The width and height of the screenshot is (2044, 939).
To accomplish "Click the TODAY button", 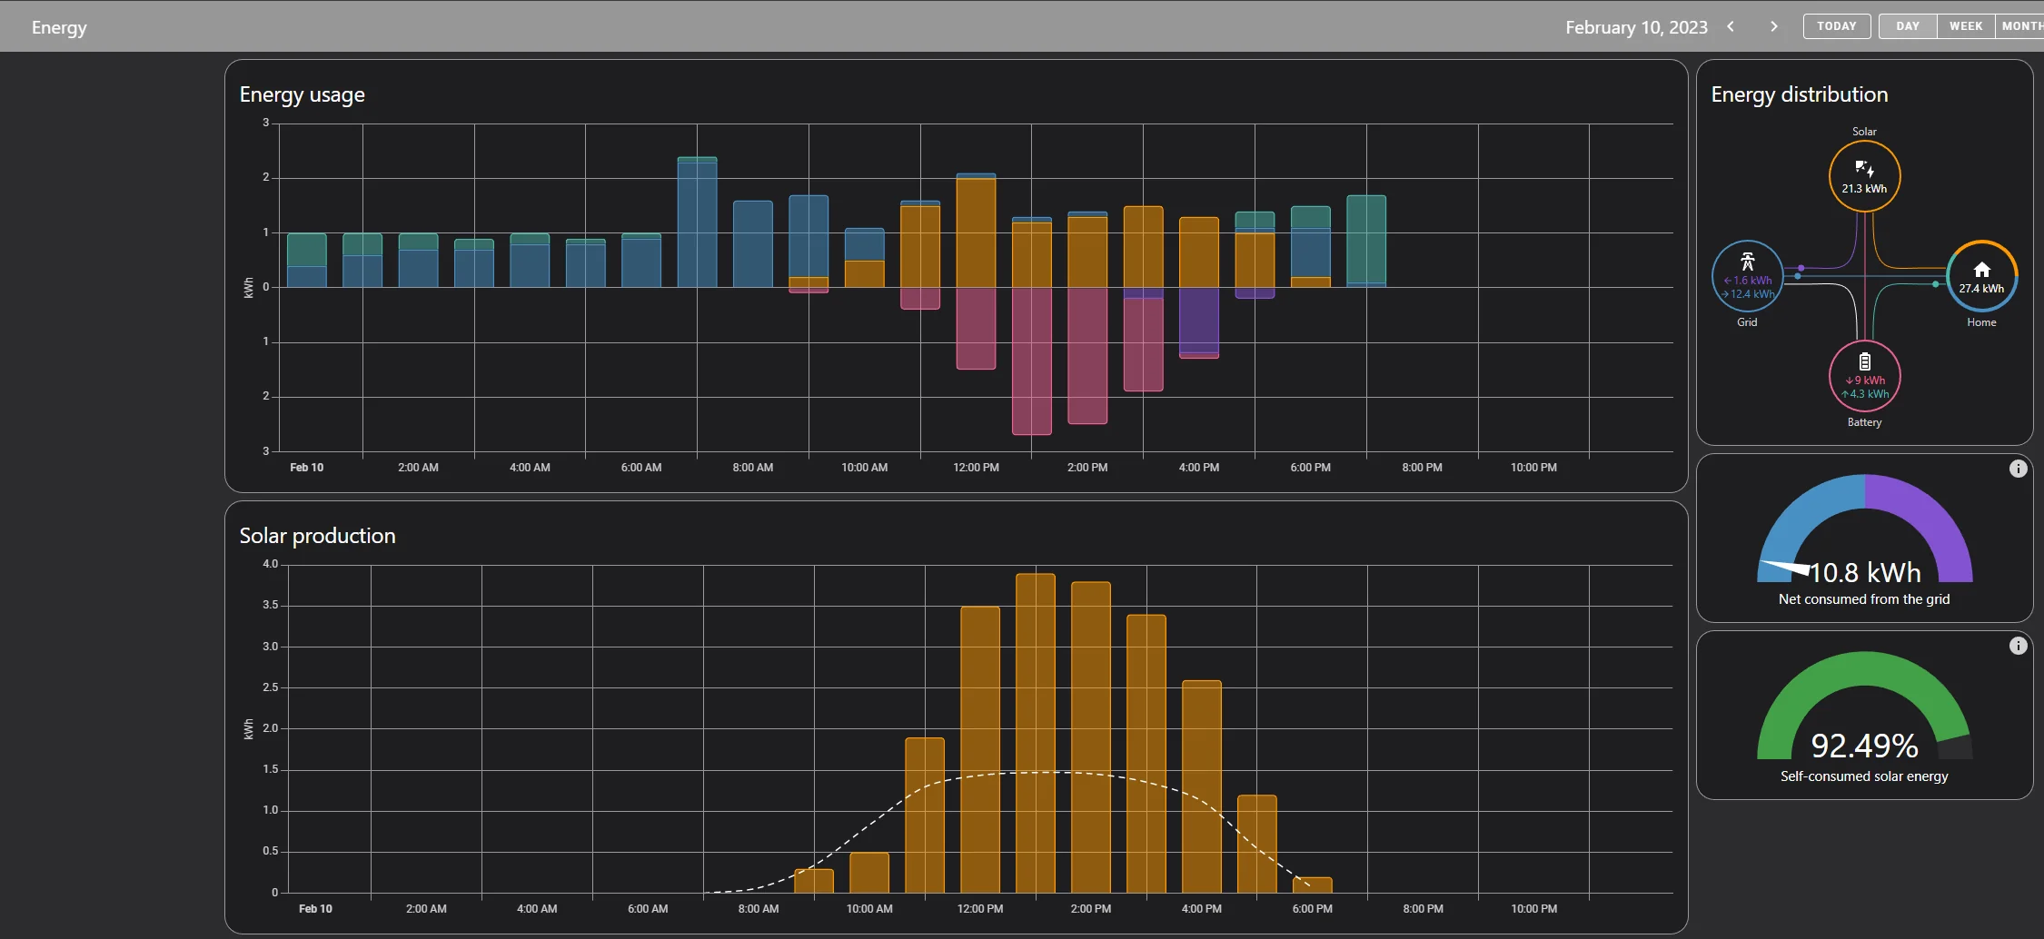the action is coord(1837,26).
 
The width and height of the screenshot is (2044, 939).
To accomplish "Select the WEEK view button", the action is coord(1966,26).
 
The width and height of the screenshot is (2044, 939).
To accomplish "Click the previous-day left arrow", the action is coord(1731,26).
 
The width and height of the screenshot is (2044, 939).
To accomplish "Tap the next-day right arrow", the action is coord(1774,26).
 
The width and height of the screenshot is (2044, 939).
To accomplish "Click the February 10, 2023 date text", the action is coord(1636,27).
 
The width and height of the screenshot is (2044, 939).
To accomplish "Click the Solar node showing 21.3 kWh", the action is coord(1864,176).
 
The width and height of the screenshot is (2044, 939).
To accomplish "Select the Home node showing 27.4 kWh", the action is coord(1981,276).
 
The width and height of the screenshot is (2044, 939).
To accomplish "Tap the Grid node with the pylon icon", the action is coord(1747,276).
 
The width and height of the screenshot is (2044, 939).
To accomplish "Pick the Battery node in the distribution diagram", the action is coord(1864,376).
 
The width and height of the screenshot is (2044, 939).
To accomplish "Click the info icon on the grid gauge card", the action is coord(2018,469).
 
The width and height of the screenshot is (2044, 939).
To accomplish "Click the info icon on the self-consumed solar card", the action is coord(2018,646).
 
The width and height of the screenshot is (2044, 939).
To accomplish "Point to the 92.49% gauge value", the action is coord(1864,746).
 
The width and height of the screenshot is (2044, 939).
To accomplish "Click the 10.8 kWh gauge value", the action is coord(1865,572).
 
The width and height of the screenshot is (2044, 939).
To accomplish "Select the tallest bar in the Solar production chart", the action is coord(1036,733).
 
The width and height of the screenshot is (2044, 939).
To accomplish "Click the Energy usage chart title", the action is coord(303,94).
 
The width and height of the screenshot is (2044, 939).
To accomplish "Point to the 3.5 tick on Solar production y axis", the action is coord(271,605).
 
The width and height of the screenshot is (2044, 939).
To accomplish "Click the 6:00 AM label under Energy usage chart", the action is coord(641,468).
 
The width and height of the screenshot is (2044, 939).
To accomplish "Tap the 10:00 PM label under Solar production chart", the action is coord(1533,909).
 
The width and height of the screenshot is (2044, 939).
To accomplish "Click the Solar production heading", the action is coord(317,536).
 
